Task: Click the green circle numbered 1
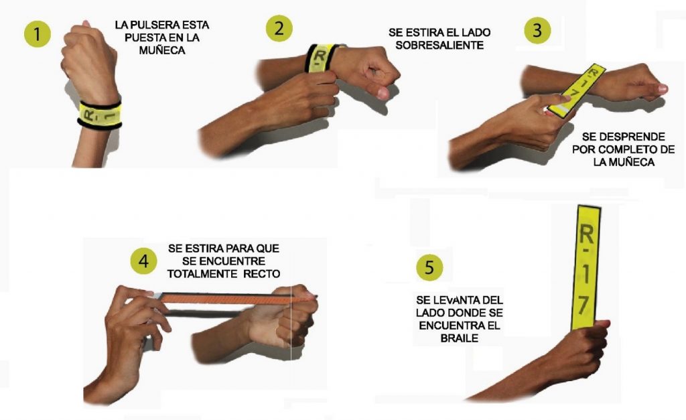point(38,34)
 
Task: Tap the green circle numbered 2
point(279,28)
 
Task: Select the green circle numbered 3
point(537,30)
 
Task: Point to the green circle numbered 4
point(143,261)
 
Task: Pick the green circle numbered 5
point(429,267)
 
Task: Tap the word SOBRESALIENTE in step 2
point(439,45)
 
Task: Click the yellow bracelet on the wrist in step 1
point(100,114)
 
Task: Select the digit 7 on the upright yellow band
point(584,305)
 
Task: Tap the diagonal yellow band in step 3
point(577,91)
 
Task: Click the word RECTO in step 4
point(262,274)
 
